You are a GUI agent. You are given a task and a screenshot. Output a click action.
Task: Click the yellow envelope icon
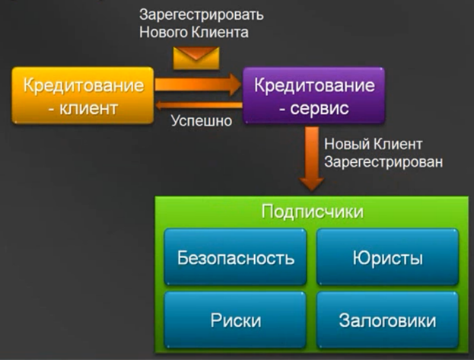[x=196, y=56]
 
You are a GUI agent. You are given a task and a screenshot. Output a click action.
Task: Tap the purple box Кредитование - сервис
[x=313, y=95]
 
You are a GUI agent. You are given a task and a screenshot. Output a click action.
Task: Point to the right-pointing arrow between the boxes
[x=197, y=83]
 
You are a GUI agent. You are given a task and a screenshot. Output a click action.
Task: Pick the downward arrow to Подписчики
[x=313, y=161]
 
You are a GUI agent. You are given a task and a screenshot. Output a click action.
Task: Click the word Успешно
[x=201, y=120]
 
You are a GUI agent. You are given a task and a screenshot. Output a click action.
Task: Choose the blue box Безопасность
[x=236, y=257]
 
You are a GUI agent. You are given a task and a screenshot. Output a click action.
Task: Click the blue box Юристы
[x=387, y=257]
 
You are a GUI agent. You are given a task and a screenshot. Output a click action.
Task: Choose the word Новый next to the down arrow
[x=345, y=144]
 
